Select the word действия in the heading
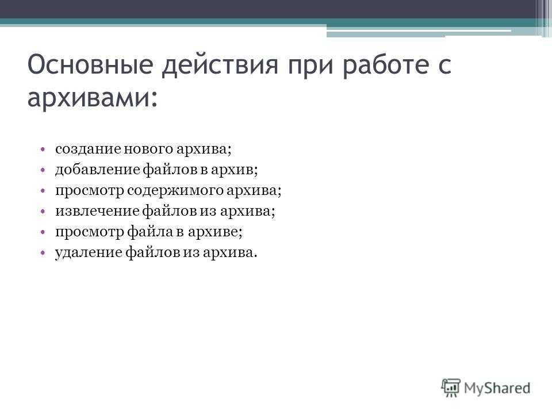coord(220,66)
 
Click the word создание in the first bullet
coord(88,149)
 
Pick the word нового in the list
coord(148,149)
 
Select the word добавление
coord(98,170)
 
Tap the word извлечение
coord(97,211)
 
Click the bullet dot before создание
coord(43,149)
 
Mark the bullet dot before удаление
coord(43,253)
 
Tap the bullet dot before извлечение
coord(43,211)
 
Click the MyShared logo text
coord(497,388)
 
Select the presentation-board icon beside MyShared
coord(451,387)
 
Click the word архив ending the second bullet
coord(232,170)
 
